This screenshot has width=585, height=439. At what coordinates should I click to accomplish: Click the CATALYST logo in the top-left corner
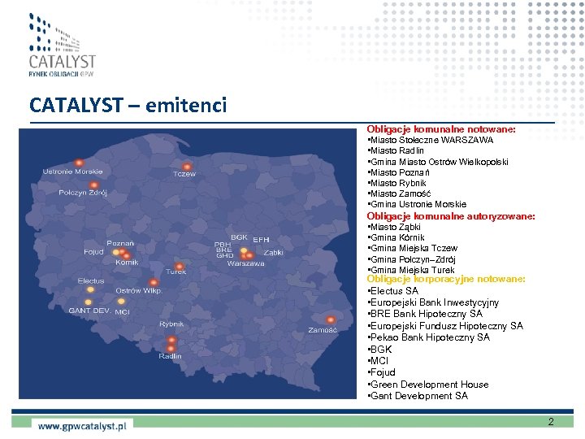62,46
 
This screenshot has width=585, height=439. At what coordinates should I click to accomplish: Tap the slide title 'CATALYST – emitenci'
128,106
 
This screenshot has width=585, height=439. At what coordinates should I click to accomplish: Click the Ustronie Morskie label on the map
73,171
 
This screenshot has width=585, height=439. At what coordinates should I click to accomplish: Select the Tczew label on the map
184,174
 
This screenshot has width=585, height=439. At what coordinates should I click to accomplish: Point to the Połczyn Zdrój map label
83,193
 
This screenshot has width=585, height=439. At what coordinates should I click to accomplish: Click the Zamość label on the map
323,330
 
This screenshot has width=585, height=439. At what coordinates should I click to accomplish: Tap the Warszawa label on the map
245,263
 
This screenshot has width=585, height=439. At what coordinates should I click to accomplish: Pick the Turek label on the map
176,272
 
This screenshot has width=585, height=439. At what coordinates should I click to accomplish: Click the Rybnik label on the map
171,324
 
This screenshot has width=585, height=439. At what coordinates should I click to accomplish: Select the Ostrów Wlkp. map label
140,290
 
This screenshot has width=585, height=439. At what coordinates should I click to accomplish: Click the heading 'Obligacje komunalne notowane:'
441,129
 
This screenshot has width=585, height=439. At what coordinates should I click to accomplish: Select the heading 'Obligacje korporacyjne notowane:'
446,279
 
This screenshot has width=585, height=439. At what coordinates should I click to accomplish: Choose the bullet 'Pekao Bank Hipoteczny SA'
429,337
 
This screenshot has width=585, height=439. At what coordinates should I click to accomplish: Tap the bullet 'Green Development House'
429,385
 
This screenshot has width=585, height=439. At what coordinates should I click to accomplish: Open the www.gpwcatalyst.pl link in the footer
82,424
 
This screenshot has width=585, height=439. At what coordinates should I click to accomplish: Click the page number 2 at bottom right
551,422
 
